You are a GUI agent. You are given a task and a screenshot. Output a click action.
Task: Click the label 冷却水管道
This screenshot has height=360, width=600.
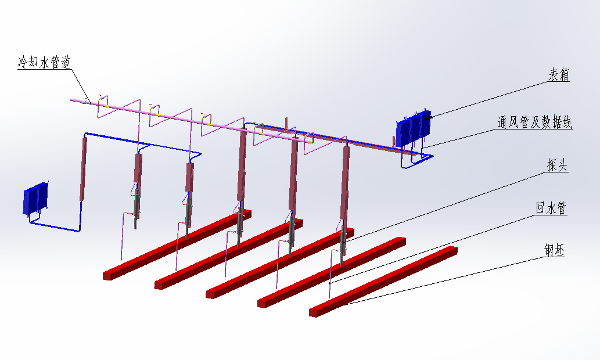click(44, 62)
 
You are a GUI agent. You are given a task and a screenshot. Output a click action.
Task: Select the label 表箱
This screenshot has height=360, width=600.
click(559, 74)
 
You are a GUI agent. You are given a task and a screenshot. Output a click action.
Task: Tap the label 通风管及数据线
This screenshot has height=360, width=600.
click(534, 123)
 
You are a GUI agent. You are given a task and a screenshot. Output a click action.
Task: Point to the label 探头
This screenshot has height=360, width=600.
click(558, 165)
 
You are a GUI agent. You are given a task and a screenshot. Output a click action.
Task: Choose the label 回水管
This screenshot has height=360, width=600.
click(551, 208)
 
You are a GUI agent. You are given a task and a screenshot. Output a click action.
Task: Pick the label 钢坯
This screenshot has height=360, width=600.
click(555, 250)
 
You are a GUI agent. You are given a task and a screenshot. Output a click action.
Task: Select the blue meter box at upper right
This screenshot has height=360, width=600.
click(414, 128)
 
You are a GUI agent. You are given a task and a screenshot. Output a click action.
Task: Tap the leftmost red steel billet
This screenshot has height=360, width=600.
click(177, 245)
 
